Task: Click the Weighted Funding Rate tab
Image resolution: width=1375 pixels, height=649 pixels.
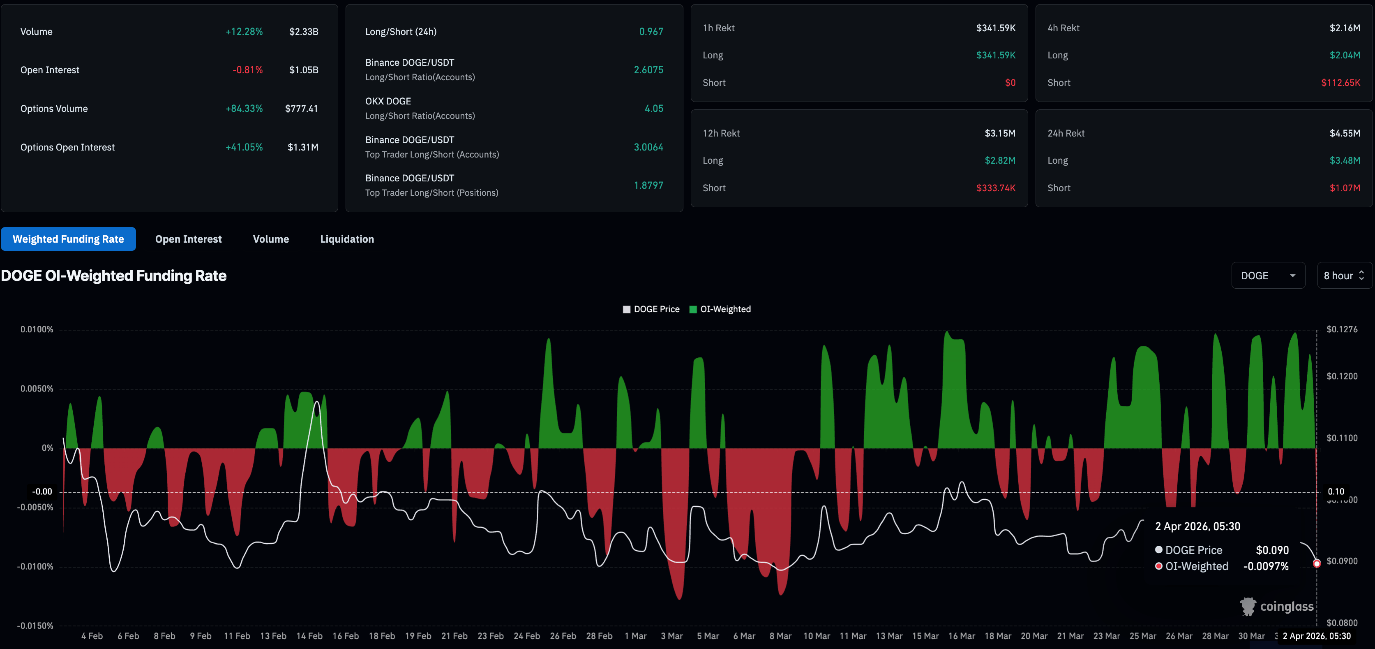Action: point(68,239)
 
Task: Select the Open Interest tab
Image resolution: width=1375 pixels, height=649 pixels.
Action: point(189,239)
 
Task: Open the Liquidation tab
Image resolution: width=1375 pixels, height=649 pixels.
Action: point(347,239)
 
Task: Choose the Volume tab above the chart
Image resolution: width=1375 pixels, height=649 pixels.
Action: point(271,239)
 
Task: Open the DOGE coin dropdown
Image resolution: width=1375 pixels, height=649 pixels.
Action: point(1268,276)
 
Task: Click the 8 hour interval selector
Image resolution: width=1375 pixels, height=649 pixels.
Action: point(1344,276)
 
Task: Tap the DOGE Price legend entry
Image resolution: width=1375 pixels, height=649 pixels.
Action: point(651,309)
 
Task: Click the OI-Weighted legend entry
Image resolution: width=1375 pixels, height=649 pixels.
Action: point(720,309)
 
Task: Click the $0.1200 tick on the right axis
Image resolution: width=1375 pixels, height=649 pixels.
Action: point(1342,376)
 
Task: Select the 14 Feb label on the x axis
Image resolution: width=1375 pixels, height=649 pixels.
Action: point(309,636)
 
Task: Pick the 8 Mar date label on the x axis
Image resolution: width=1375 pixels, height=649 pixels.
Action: point(780,636)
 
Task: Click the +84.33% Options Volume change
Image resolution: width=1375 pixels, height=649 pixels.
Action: point(244,109)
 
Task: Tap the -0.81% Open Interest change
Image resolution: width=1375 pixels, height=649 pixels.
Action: point(248,70)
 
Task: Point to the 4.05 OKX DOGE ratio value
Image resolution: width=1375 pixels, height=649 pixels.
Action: point(654,109)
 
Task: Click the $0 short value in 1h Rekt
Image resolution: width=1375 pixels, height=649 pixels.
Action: point(1010,83)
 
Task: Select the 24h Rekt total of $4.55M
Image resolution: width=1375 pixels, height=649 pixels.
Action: point(1345,133)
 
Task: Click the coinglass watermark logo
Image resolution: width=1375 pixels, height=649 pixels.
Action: point(1276,606)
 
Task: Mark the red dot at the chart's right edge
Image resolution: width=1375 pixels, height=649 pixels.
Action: point(1317,563)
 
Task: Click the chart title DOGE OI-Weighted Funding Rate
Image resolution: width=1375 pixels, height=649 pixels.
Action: point(114,276)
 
